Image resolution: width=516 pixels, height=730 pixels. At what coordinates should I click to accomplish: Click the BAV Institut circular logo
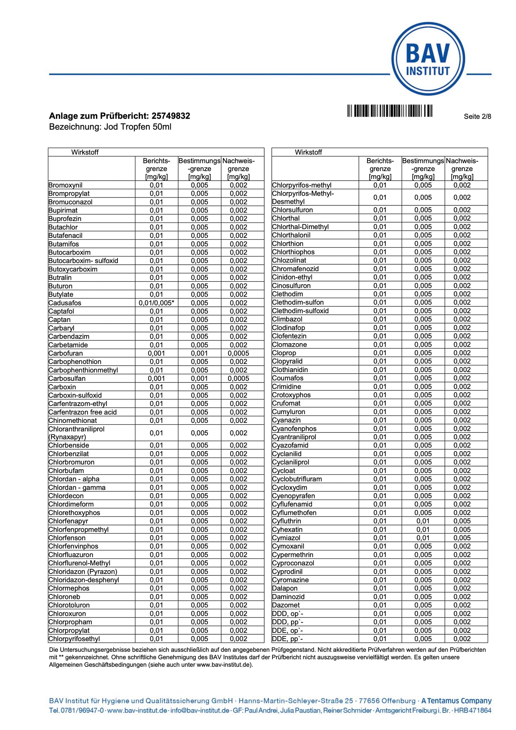tap(428, 59)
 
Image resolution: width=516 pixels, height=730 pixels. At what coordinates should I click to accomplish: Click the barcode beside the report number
tap(390, 111)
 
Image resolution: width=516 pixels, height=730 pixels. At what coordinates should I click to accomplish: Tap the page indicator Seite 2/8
tap(477, 116)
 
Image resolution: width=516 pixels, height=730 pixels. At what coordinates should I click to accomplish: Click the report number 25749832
tap(171, 116)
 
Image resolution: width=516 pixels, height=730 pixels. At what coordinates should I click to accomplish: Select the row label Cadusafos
tap(65, 303)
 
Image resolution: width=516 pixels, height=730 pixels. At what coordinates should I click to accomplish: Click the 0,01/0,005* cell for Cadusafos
tap(156, 303)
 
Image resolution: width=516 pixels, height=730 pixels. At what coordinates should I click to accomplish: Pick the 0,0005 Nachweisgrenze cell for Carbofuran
tap(239, 353)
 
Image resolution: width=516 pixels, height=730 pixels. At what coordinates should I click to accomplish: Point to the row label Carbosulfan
tap(67, 379)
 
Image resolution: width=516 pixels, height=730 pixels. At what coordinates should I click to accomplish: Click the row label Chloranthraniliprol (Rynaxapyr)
tap(76, 433)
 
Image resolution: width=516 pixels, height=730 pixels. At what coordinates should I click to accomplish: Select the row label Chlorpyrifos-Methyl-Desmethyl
tap(303, 197)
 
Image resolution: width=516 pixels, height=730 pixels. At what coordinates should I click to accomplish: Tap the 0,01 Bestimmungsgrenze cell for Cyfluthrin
tap(423, 521)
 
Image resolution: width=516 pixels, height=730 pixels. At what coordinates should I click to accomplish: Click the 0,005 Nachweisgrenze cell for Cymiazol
tap(462, 538)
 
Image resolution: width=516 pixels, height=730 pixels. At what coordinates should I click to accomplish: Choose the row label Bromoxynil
tap(65, 185)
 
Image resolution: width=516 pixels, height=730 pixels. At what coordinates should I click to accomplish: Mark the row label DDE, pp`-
tap(287, 639)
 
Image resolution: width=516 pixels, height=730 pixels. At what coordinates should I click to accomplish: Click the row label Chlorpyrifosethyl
tap(74, 639)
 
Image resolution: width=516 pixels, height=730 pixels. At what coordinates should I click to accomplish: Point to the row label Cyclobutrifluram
tap(297, 479)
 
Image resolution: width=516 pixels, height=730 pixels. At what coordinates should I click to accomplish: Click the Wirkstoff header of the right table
tap(309, 152)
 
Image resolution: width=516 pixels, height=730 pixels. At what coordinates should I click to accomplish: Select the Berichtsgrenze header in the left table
tap(156, 169)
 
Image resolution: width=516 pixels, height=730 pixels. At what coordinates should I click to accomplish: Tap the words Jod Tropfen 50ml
tap(137, 127)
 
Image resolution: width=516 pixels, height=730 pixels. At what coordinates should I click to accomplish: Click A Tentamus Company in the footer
tap(456, 701)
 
